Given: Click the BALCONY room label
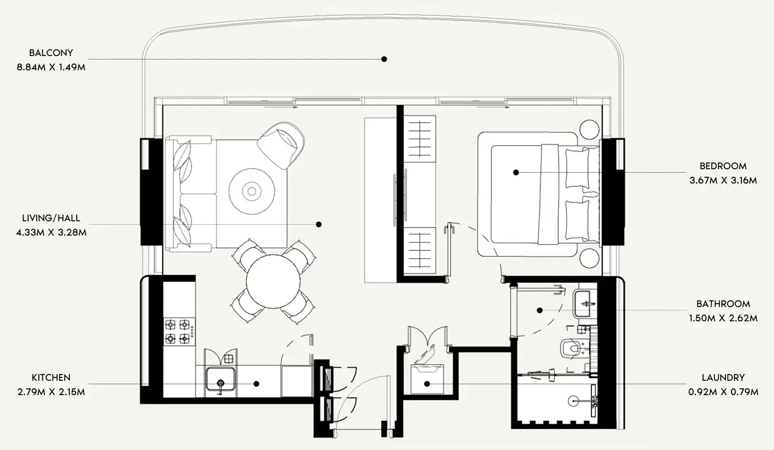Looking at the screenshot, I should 51,53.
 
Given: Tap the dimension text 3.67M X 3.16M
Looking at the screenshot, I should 723,180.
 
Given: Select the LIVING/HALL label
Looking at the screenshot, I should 51,218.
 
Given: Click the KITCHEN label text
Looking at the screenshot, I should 51,377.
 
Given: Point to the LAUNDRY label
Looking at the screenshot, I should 723,377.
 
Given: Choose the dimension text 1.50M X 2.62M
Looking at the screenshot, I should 723,318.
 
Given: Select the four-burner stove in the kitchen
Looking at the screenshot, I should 179,332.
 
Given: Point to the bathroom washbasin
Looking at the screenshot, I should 584,303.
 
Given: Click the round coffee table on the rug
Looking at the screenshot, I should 251,191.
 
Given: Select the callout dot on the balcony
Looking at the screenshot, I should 384,59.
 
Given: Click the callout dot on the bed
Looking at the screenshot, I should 516,172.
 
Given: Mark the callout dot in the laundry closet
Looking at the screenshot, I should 427,384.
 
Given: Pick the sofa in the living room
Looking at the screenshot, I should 189,193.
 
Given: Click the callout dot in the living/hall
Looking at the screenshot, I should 319,224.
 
